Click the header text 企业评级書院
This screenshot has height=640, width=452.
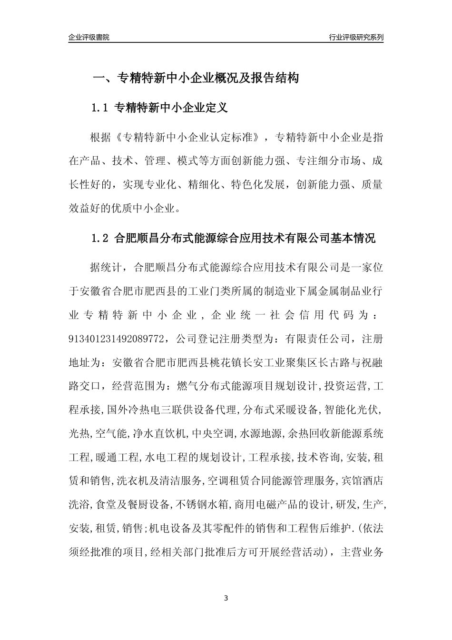click(x=89, y=37)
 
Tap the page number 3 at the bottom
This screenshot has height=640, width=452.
click(x=226, y=598)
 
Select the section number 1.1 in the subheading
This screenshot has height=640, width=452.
click(x=100, y=108)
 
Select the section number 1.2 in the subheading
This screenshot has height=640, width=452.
click(x=100, y=238)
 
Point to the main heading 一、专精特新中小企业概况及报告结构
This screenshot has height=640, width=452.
click(x=195, y=78)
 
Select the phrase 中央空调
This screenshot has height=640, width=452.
click(x=215, y=433)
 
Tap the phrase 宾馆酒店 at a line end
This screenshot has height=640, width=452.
click(x=362, y=481)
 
